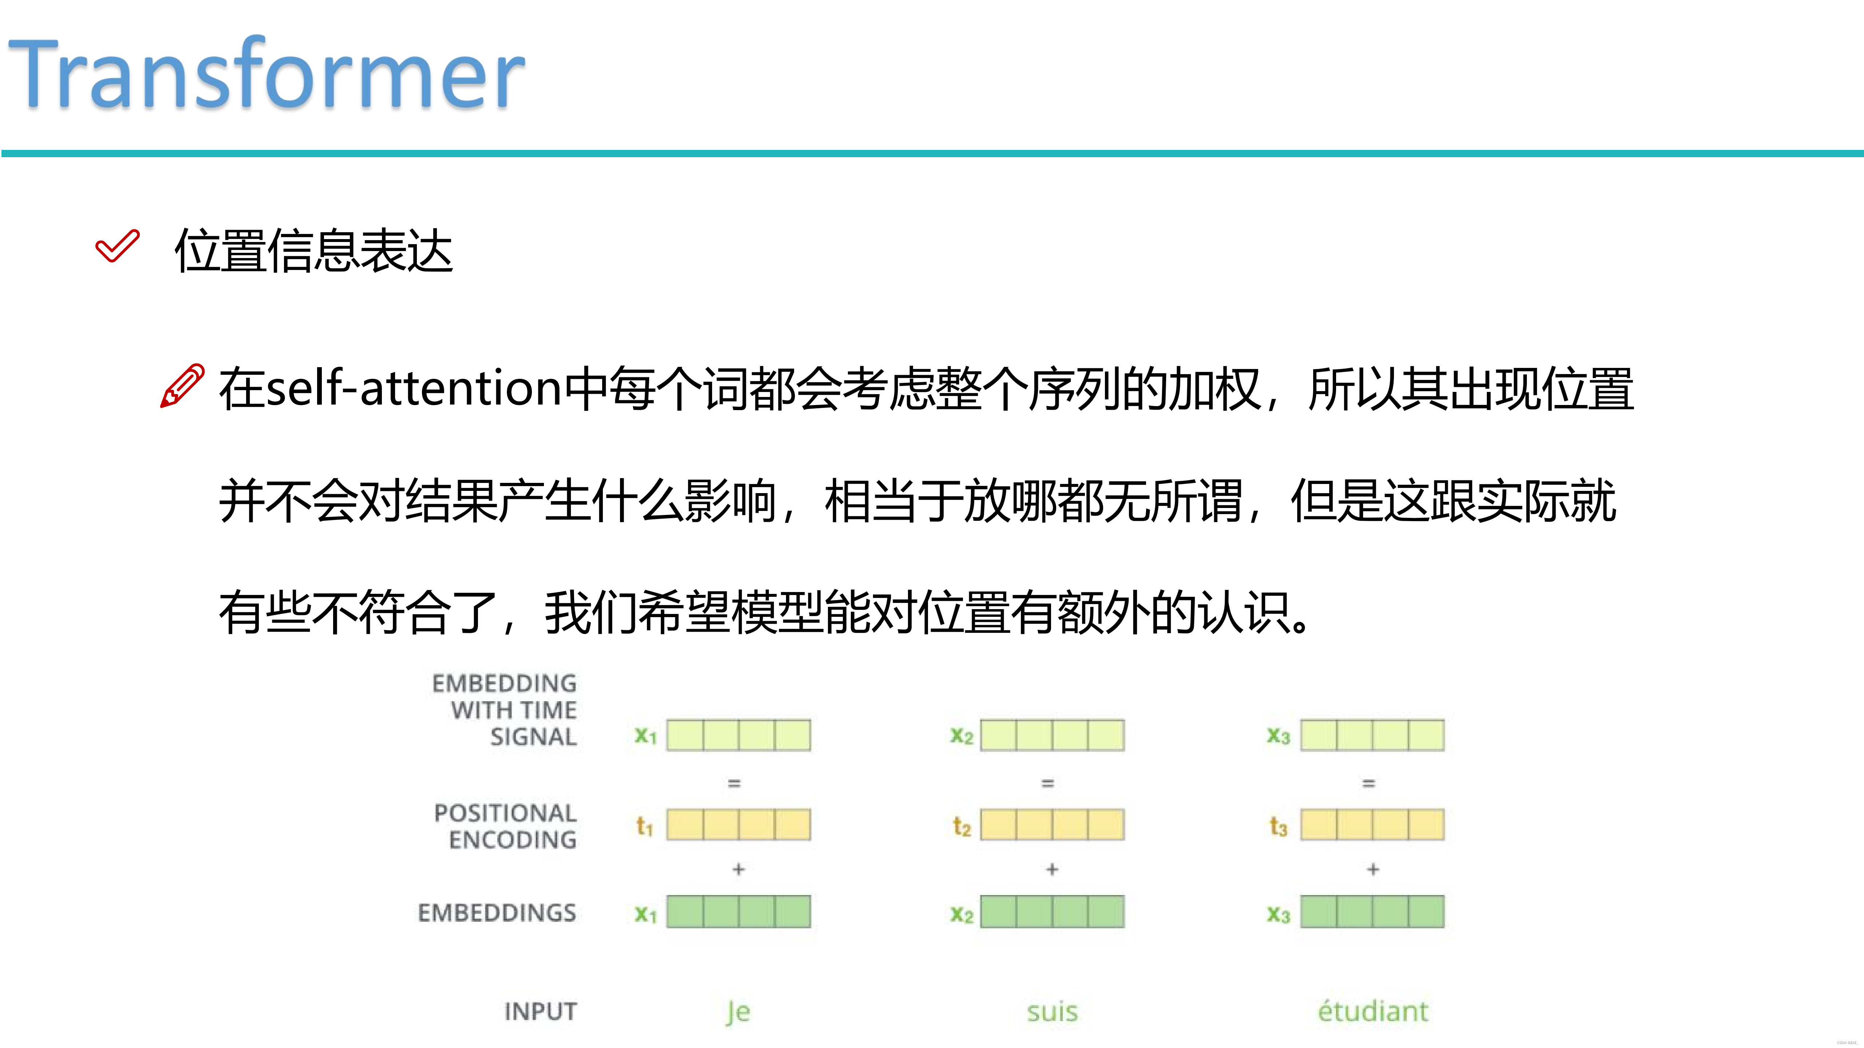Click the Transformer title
coord(266,74)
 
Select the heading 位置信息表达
coord(313,251)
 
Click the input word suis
coord(1052,1011)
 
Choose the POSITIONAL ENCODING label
coord(506,826)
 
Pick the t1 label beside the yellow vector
coord(644,826)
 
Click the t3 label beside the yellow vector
coord(1279,826)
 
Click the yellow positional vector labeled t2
coord(1052,825)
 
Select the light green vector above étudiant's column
coord(1372,735)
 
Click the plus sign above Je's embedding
coord(738,869)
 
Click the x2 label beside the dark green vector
coord(961,914)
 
